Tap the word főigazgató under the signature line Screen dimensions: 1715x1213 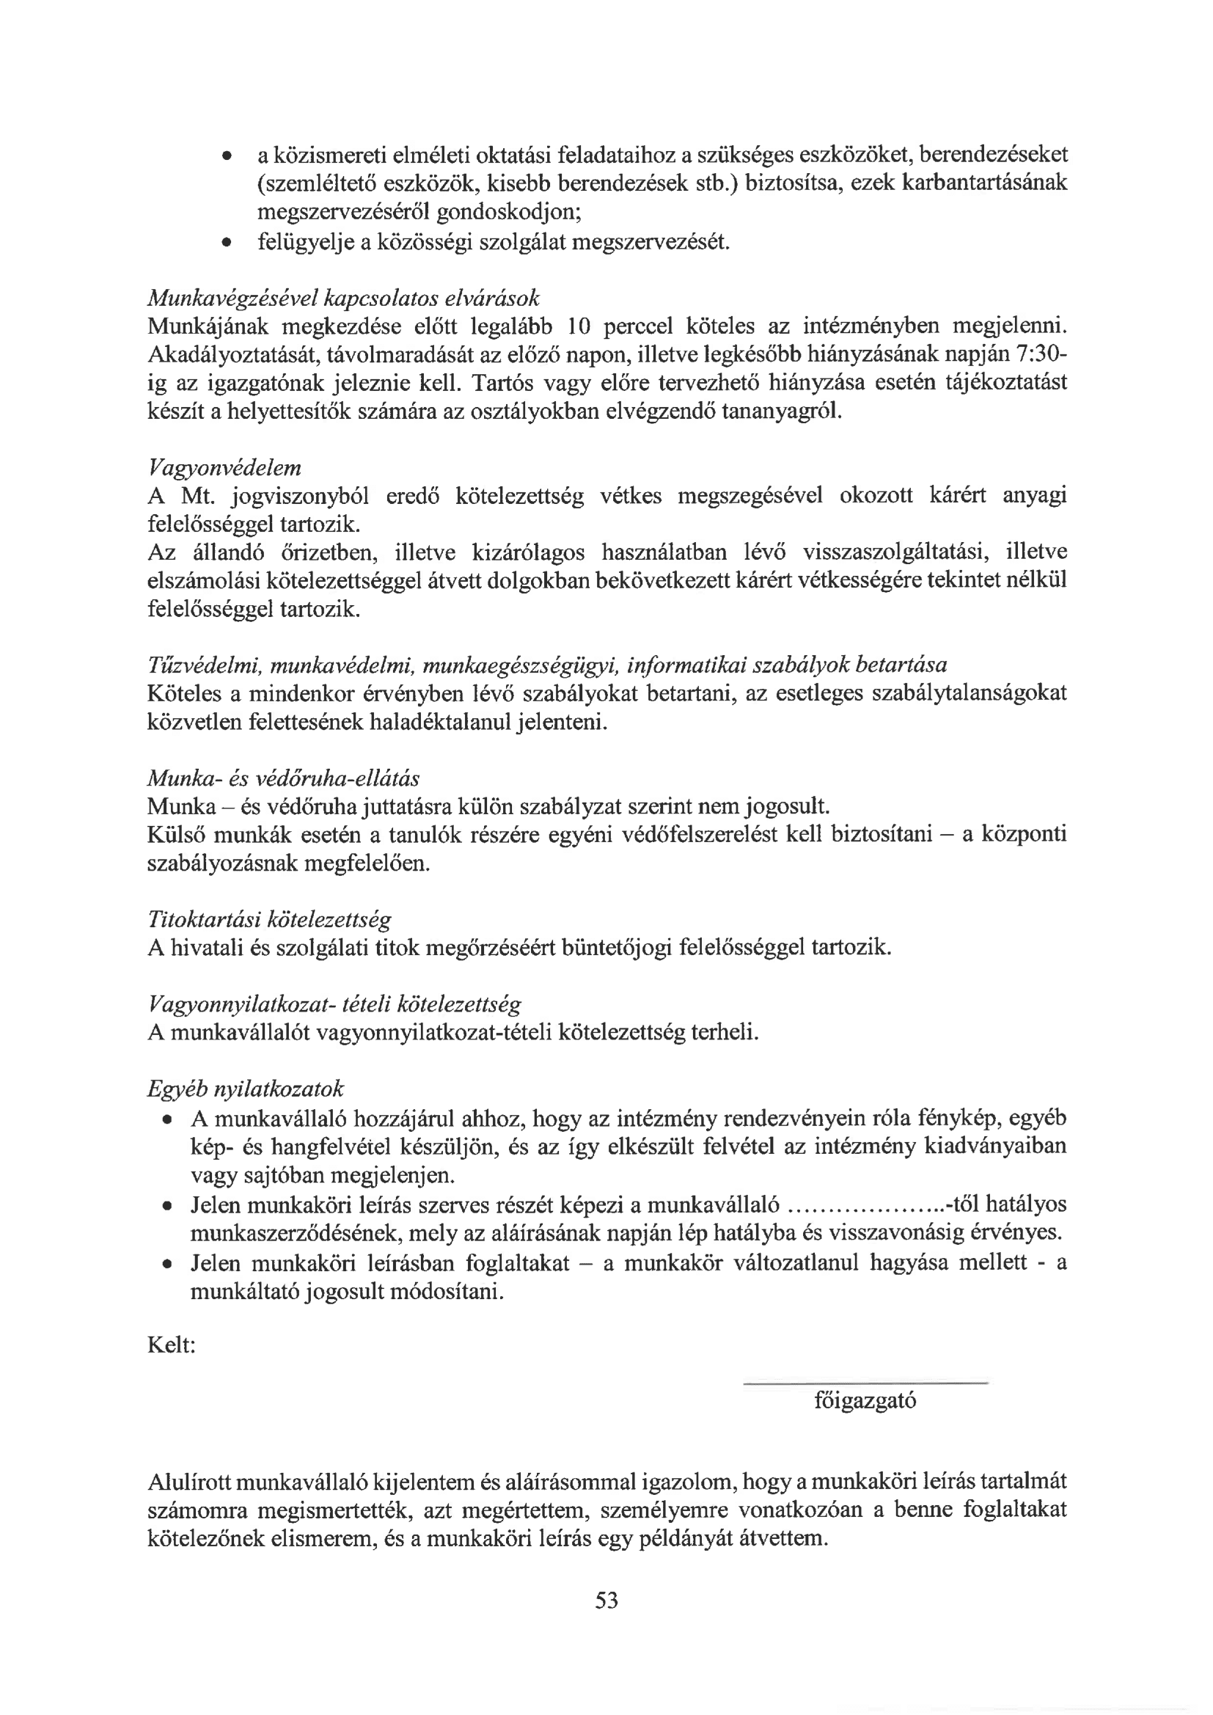[865, 1400]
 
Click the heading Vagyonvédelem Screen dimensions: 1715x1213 [224, 467]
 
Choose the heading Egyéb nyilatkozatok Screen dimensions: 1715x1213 [245, 1088]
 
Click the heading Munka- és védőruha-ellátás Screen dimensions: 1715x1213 [283, 778]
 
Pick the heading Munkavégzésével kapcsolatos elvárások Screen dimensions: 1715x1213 [342, 298]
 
